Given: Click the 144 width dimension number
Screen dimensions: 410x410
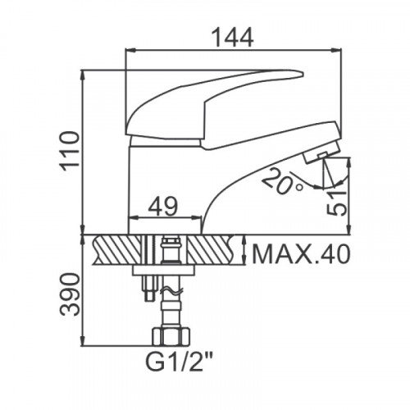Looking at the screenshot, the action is (233, 38).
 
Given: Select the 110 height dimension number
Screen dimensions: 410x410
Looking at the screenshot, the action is (70, 151).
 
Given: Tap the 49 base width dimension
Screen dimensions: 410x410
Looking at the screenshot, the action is (163, 206).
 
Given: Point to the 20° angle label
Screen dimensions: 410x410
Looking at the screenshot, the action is (281, 181).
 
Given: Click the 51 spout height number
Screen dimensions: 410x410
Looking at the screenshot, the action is (337, 203).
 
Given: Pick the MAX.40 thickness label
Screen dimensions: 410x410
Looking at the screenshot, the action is (301, 254).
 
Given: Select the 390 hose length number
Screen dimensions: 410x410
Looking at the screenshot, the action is (70, 294).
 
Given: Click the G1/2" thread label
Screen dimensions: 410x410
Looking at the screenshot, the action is (179, 362).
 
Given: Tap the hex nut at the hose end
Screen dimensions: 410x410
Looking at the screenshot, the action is (171, 336).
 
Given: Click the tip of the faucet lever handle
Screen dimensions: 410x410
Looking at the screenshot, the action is (302, 74).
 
